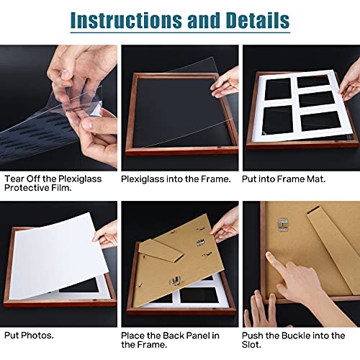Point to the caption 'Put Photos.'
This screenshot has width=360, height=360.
28,336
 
